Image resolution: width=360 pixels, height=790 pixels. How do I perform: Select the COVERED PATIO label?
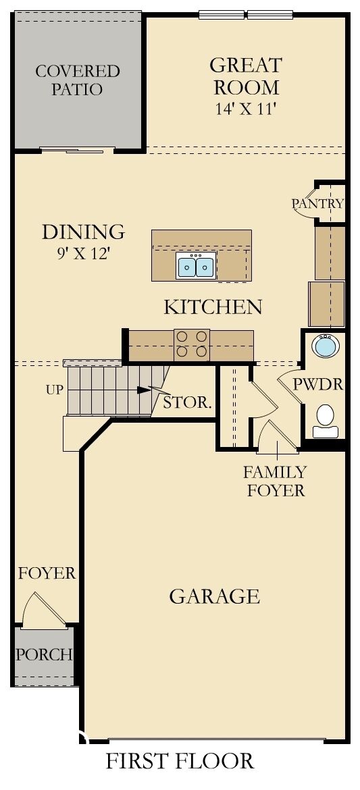pos(77,80)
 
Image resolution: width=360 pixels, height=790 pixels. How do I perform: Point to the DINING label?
pos(83,232)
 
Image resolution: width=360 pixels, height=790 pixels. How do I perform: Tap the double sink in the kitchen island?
pos(196,267)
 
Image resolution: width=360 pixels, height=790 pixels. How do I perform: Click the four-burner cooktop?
pos(192,344)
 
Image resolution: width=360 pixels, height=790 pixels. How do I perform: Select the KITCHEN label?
pos(213,307)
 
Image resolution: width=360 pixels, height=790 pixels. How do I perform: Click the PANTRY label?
pos(317,203)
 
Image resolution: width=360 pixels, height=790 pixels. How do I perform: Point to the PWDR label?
pos(318,385)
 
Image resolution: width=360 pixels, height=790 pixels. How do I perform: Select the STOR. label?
pos(187,404)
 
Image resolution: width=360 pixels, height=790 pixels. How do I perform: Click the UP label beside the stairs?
pos(55,390)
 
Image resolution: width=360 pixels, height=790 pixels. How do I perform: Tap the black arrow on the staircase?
pos(142,390)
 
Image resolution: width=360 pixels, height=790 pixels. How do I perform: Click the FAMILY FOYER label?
pos(275,481)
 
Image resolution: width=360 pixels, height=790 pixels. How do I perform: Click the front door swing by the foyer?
pos(42,609)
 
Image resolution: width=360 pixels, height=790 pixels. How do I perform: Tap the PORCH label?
pos(44,654)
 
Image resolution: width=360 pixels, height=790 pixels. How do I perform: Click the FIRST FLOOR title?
pos(180,761)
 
